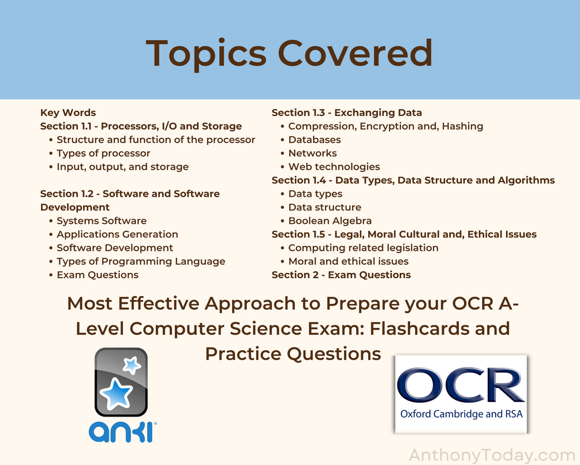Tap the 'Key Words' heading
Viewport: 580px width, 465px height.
tap(68, 112)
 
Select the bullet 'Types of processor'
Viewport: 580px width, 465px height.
tap(103, 153)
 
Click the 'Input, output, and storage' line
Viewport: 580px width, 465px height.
tap(122, 167)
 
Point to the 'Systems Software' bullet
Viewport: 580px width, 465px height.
tap(102, 220)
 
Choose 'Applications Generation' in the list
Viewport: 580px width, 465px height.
tap(117, 234)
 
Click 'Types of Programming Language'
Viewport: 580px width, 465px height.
tap(141, 261)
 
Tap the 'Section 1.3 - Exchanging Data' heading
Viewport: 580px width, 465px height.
tap(347, 112)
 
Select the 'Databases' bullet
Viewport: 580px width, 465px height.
tap(315, 140)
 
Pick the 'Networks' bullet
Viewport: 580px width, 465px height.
tap(313, 153)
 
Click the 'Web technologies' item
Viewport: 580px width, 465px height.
tap(334, 167)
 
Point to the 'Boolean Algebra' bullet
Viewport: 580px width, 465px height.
tap(330, 220)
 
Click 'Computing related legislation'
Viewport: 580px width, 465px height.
tap(363, 247)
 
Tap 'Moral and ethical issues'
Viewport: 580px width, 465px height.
tap(349, 261)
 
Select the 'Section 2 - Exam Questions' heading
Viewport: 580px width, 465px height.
tap(341, 275)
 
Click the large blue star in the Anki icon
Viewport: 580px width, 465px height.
tap(116, 393)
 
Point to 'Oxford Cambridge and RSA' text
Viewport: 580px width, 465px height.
tap(461, 414)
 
